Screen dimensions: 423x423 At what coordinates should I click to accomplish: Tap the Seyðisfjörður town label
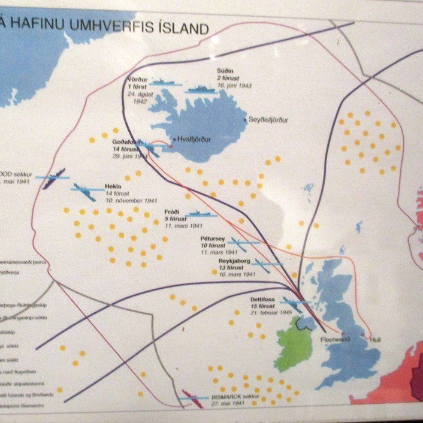point(268,120)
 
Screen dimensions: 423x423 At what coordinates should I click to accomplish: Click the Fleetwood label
point(335,339)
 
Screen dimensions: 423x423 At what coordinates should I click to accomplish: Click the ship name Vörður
point(137,80)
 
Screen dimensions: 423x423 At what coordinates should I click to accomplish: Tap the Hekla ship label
point(113,186)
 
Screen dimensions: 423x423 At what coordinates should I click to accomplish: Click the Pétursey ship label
point(212,238)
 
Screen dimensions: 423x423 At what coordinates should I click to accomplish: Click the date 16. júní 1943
point(234,86)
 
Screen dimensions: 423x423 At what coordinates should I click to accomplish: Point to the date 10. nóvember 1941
point(131,200)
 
